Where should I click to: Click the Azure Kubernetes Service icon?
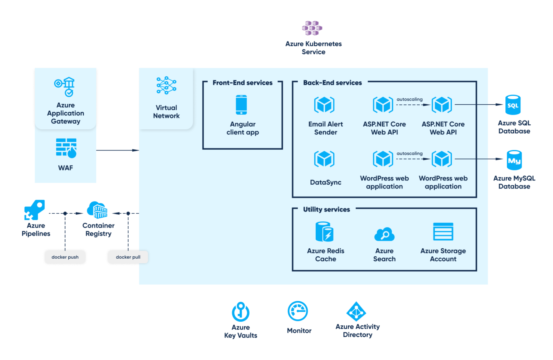coord(312,28)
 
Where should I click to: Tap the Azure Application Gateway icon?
coord(65,87)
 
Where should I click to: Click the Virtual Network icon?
coord(166,85)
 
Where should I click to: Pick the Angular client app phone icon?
coord(241,105)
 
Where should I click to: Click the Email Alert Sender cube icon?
coord(325,104)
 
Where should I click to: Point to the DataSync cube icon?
coord(325,159)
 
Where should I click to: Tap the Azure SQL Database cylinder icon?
coord(513,105)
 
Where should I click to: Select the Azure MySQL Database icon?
coord(514,160)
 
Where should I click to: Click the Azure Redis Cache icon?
coord(325,231)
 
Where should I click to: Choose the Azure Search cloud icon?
coord(384,234)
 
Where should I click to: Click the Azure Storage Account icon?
coord(443,231)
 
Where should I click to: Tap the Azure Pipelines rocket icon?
coord(35,210)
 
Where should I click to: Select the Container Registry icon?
coord(97,210)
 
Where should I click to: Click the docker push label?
coord(65,257)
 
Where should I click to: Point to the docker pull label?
coord(128,257)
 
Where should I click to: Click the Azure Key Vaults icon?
coord(241,311)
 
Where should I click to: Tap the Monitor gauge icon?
coord(298,311)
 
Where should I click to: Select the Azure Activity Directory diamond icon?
coord(356,311)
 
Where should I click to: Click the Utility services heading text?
coord(326,210)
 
